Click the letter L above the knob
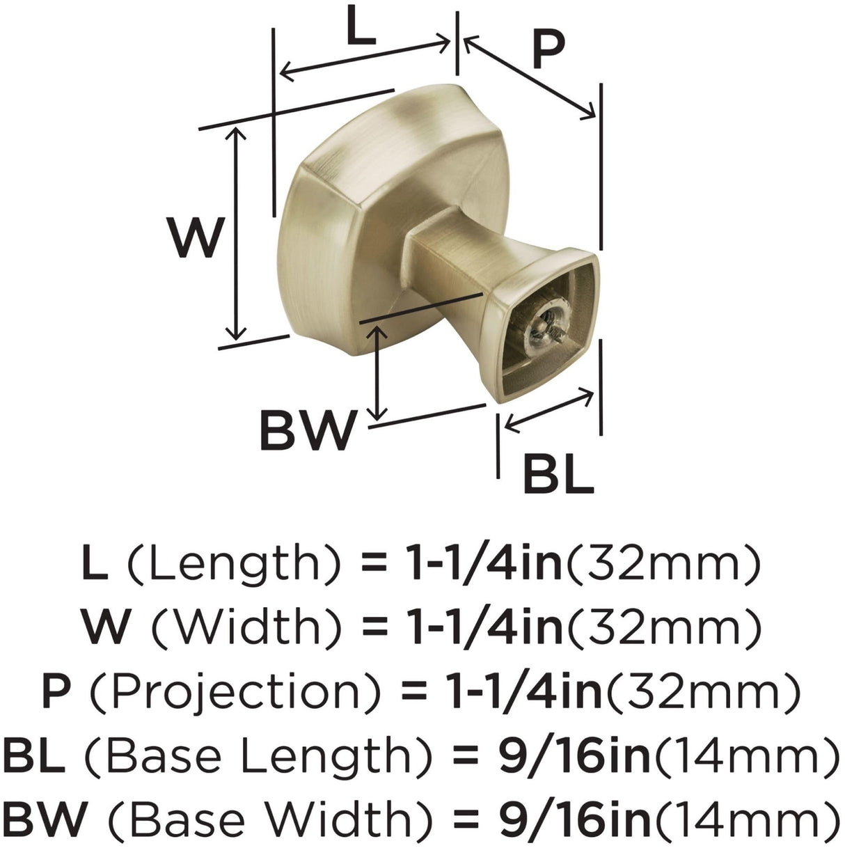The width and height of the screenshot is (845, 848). coord(361,29)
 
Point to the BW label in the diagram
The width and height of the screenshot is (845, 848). coord(307,430)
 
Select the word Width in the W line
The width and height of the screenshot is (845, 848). coord(246,625)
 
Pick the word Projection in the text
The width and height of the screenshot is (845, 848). coord(235,690)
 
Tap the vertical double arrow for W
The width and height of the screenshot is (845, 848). coord(238,233)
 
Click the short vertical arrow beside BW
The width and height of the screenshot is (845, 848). coord(377,372)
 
